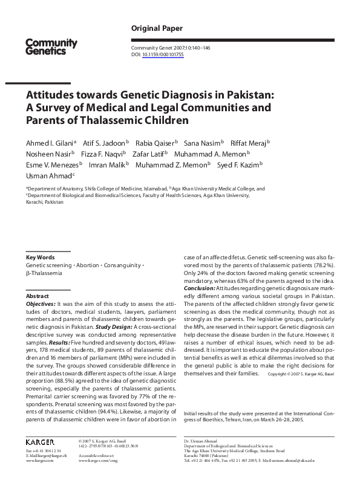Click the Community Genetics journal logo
point(51,47)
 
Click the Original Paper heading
point(157,28)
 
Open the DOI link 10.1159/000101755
point(163,54)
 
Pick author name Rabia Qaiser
point(155,143)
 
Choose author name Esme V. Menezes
point(52,164)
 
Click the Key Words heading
point(40,258)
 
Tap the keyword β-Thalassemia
point(45,273)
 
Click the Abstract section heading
point(37,296)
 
